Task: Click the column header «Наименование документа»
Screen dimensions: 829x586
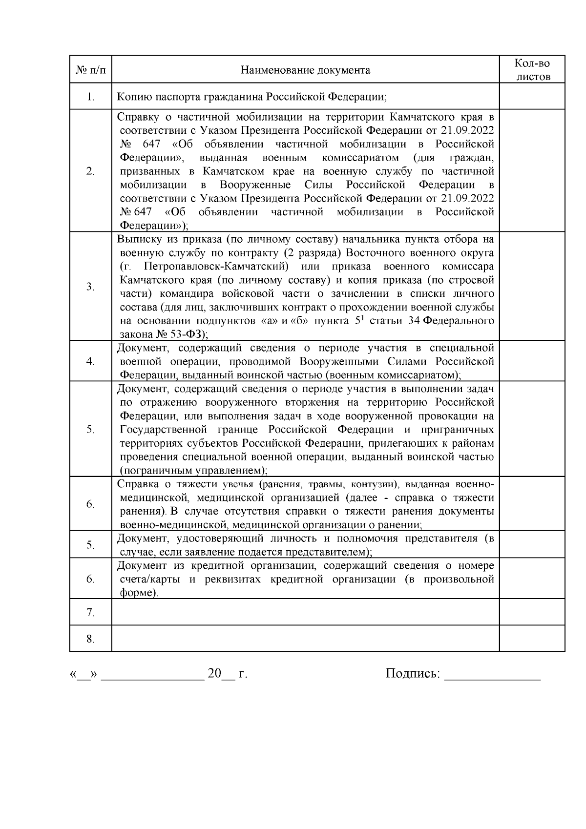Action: pos(305,70)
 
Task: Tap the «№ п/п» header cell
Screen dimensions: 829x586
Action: pos(90,70)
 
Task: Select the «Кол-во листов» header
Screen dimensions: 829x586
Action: pos(532,70)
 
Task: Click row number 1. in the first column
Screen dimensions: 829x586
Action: pos(90,97)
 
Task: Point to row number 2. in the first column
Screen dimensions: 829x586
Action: pos(90,171)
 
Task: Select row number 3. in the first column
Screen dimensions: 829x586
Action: pos(90,287)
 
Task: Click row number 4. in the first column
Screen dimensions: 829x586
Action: pos(90,361)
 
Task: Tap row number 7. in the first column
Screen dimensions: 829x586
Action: pos(90,612)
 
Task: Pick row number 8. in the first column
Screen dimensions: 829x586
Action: pos(90,639)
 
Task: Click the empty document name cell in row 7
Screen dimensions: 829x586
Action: pos(305,612)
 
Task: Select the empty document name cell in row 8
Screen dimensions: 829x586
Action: pos(305,639)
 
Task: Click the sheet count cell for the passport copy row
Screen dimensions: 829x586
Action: pos(532,97)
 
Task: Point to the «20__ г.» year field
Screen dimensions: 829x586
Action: pos(228,674)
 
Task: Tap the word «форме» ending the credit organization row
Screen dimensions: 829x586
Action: pos(138,593)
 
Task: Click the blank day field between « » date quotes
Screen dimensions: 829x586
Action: pos(84,675)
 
